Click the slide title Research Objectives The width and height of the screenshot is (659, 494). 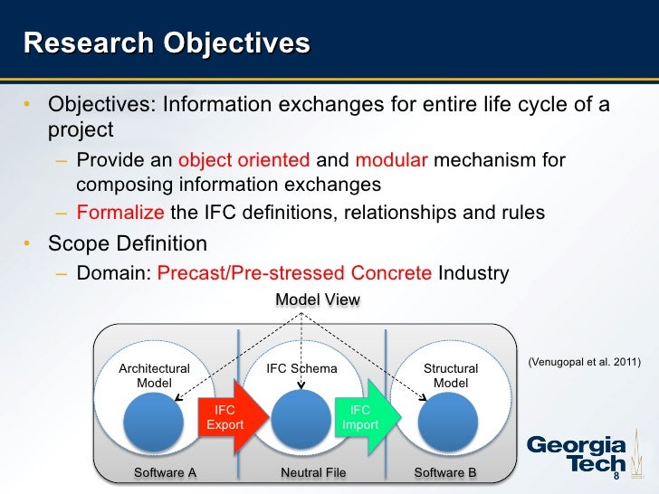[x=166, y=43]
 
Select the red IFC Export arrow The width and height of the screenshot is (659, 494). [x=233, y=417]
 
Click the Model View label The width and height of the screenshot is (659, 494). [x=318, y=299]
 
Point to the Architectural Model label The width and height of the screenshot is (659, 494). [x=154, y=375]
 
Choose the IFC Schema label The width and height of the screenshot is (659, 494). [x=301, y=368]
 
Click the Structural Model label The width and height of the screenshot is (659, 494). [x=451, y=375]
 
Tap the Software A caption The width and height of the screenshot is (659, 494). [x=165, y=472]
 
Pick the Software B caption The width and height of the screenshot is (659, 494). [x=444, y=472]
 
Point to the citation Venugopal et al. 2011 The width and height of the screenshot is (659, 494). [x=583, y=362]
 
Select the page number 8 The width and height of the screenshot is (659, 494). [x=616, y=476]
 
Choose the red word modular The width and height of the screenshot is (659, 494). [x=391, y=161]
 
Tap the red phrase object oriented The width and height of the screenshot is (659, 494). [x=244, y=161]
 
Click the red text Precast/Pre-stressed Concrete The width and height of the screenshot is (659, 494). [x=294, y=273]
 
